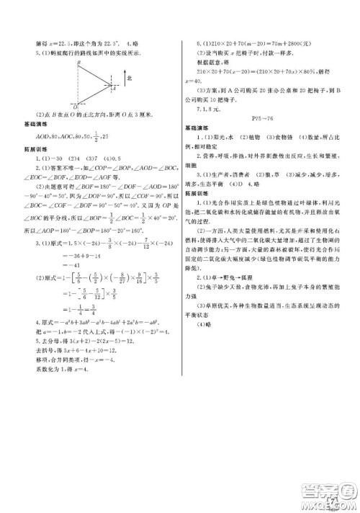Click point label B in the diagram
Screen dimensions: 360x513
(77, 63)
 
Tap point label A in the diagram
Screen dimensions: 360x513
(115, 88)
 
